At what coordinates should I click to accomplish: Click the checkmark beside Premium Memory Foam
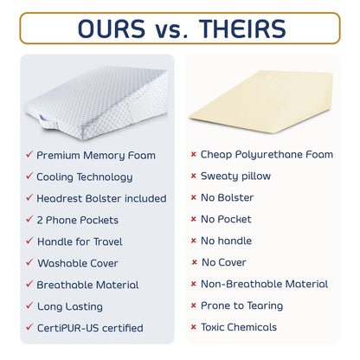point(28,155)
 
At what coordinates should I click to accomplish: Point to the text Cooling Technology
point(85,177)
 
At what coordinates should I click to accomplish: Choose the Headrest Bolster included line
point(101,198)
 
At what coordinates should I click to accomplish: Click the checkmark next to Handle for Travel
point(28,241)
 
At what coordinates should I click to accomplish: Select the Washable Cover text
point(78,263)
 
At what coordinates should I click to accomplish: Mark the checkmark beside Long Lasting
point(28,306)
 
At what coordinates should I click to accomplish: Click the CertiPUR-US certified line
point(90,328)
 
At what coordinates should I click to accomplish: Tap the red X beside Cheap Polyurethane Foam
point(193,155)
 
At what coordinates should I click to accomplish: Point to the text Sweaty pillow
point(235,177)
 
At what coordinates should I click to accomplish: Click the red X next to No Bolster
point(193,198)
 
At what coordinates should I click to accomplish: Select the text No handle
point(227,241)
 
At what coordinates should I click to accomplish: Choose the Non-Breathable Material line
point(264,284)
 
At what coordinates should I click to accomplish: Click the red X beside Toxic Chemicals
point(193,327)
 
